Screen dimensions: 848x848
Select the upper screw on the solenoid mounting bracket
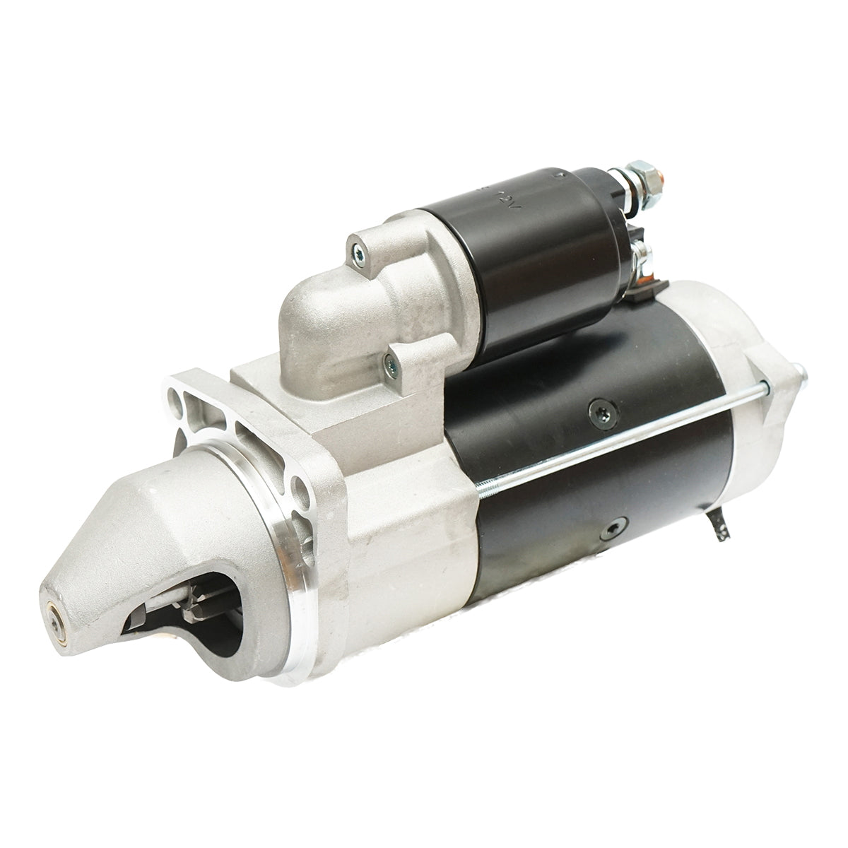(358, 248)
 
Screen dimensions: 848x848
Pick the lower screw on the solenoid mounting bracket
(387, 364)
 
